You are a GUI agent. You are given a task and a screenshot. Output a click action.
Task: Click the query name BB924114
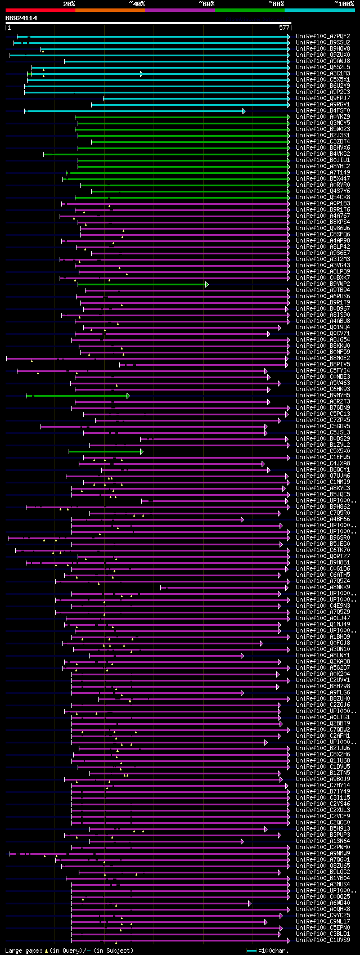pyautogui.click(x=21, y=18)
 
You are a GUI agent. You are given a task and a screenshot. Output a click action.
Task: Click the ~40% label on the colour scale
pyautogui.click(x=137, y=3)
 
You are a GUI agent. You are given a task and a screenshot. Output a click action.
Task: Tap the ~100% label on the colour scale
pyautogui.click(x=344, y=3)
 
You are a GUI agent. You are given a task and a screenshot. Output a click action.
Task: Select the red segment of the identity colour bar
pyautogui.click(x=40, y=10)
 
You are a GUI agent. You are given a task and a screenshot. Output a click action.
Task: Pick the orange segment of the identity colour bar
pyautogui.click(x=110, y=10)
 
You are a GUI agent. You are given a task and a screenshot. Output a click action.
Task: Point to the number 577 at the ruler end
pyautogui.click(x=283, y=27)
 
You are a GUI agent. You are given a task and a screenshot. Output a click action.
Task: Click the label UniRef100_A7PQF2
pyautogui.click(x=323, y=37)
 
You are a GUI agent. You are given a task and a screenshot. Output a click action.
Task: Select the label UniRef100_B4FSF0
pyautogui.click(x=323, y=111)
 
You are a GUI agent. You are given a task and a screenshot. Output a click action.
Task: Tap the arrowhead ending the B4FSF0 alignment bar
pyautogui.click(x=244, y=111)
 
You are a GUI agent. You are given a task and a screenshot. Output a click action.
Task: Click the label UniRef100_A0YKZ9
pyautogui.click(x=323, y=117)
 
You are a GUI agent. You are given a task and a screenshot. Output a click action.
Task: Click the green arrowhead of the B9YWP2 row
pyautogui.click(x=207, y=284)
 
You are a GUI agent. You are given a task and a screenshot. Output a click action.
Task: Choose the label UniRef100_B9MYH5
pyautogui.click(x=323, y=396)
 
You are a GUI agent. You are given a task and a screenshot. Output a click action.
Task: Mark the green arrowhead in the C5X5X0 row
pyautogui.click(x=142, y=451)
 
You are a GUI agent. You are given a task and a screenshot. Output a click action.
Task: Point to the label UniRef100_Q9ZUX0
pyautogui.click(x=323, y=55)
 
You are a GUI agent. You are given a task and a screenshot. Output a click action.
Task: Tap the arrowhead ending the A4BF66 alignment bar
pyautogui.click(x=242, y=519)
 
